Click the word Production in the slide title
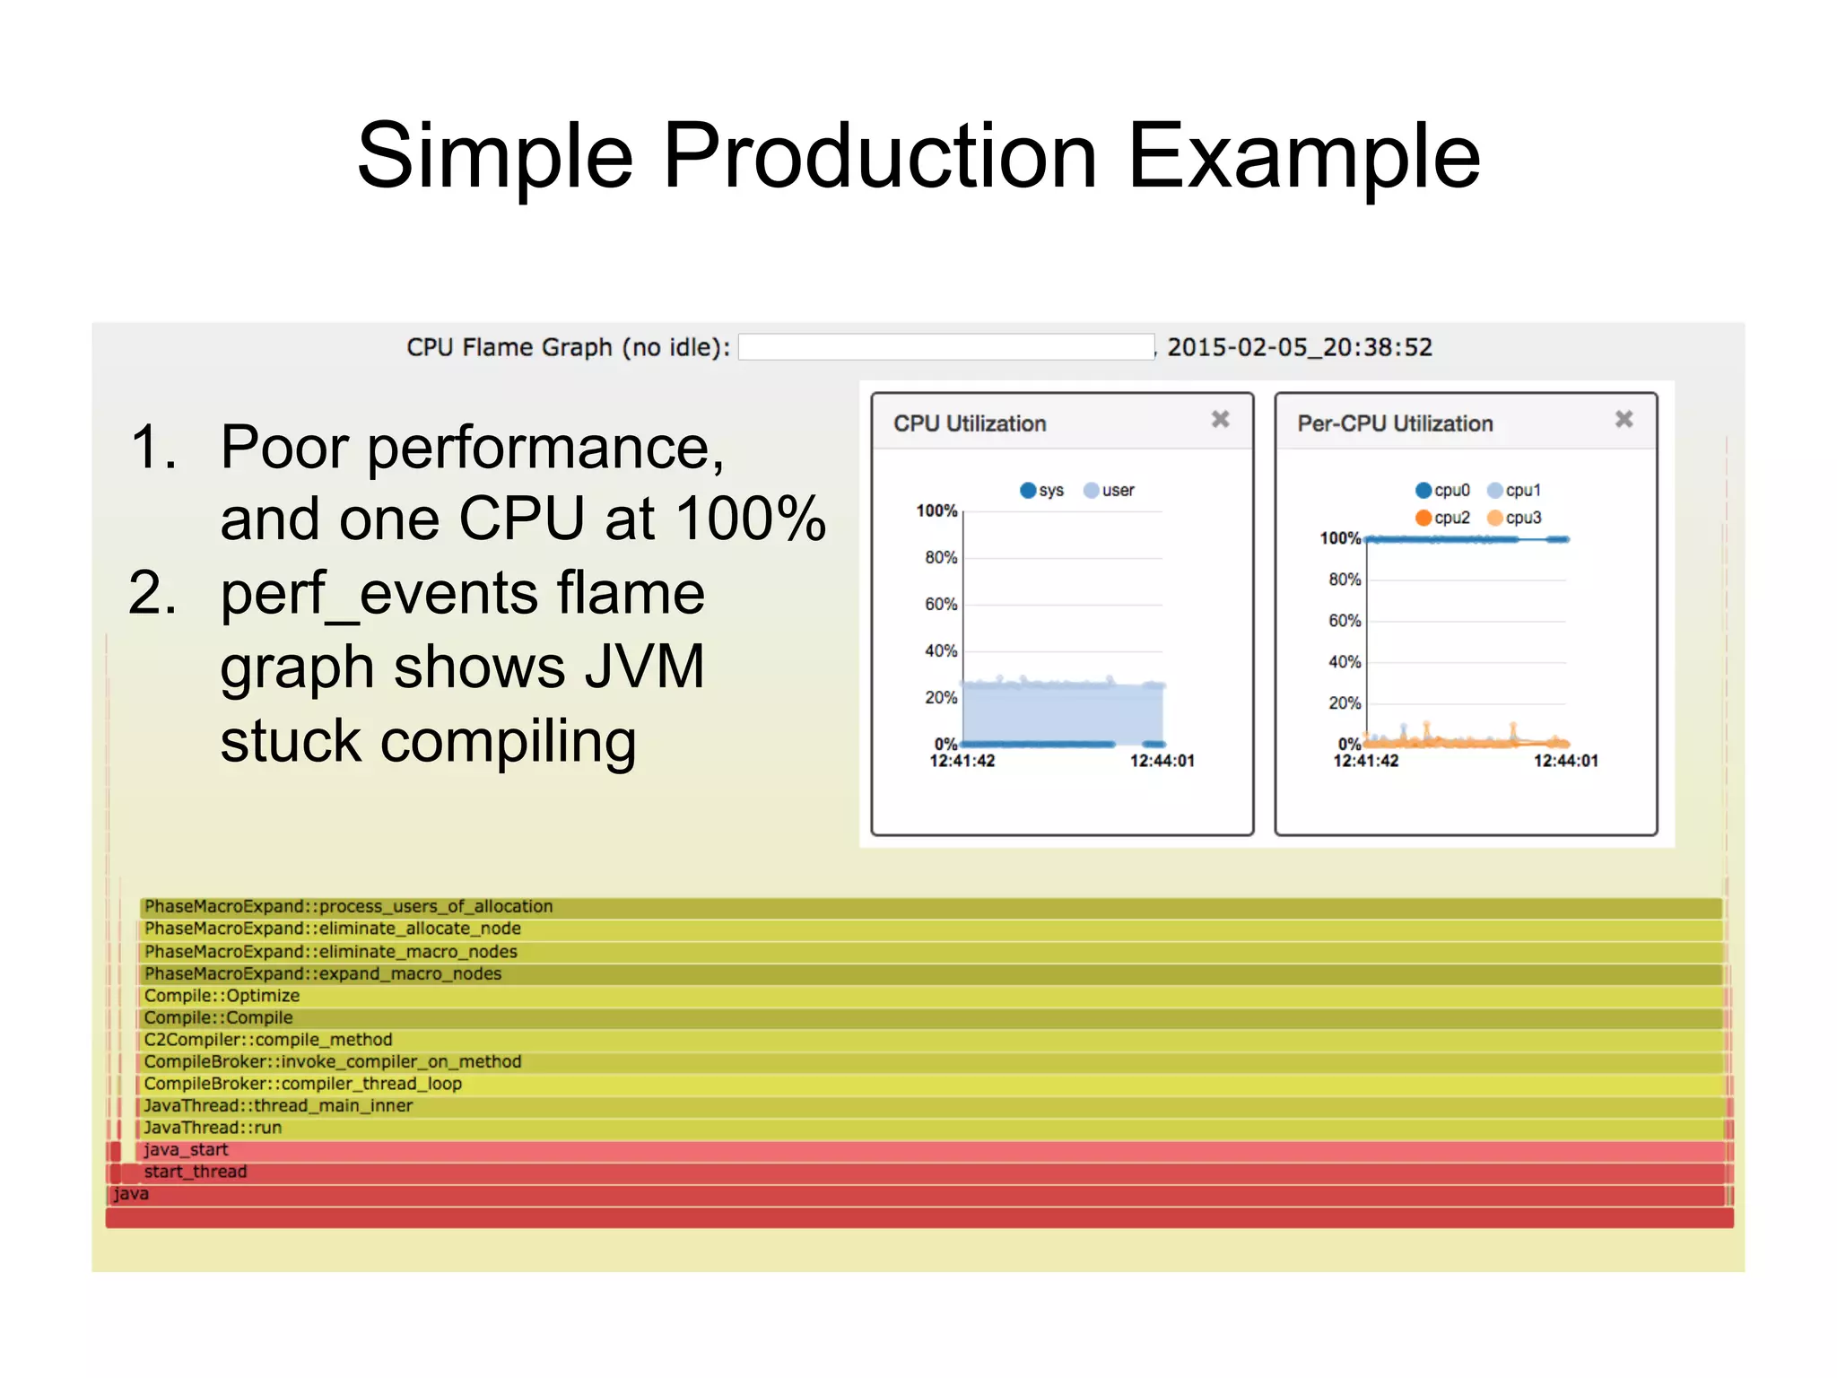click(879, 157)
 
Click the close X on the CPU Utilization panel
click(1220, 419)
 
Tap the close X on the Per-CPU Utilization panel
click(1624, 419)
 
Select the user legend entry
click(1110, 490)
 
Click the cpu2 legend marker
click(1423, 518)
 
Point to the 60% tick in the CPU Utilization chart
click(941, 604)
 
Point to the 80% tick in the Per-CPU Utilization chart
click(1345, 580)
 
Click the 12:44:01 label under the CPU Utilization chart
click(1162, 761)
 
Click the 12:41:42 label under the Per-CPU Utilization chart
click(1365, 761)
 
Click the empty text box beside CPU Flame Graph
click(945, 347)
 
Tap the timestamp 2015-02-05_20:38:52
click(1300, 347)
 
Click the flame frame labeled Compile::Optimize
click(222, 996)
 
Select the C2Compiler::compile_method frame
click(268, 1040)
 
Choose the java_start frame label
click(186, 1150)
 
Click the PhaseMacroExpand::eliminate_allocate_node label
click(332, 929)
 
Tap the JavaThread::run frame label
click(213, 1128)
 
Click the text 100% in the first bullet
click(749, 519)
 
